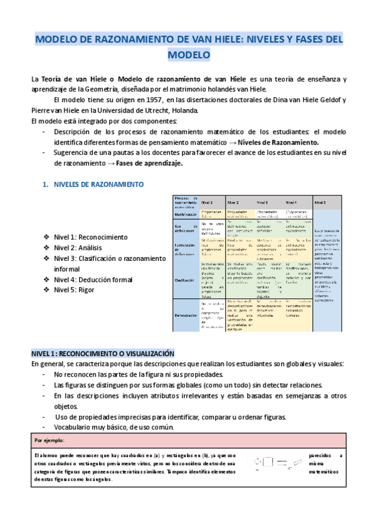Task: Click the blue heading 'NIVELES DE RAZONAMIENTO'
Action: (98, 185)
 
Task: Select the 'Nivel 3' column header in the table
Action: (262, 202)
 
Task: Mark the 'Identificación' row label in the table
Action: (186, 212)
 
